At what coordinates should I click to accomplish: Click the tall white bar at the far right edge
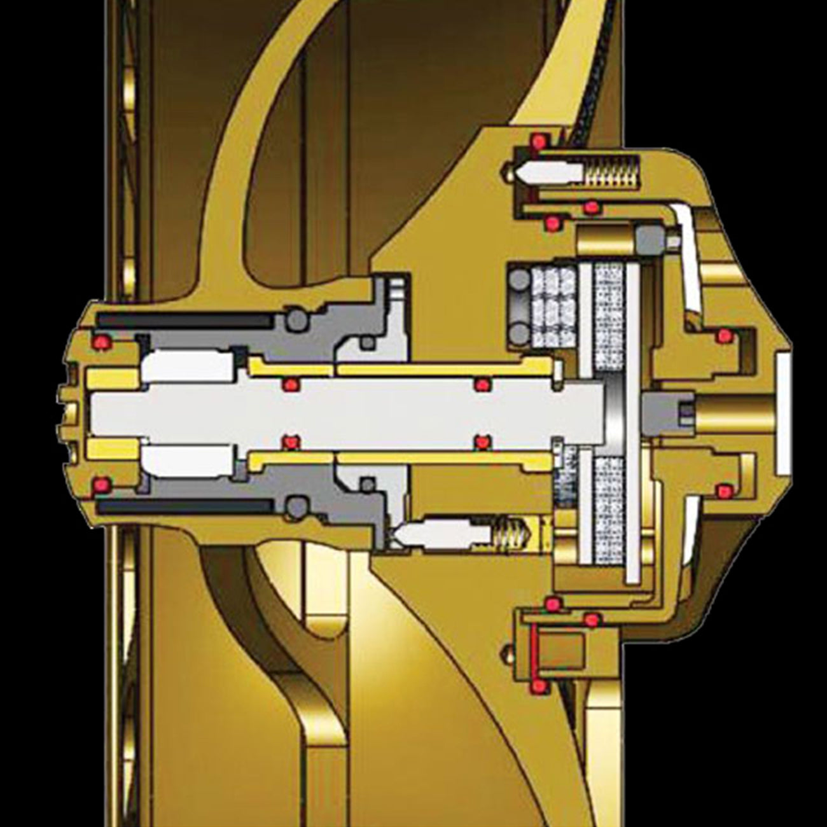[782, 413]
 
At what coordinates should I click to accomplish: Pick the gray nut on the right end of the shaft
[665, 412]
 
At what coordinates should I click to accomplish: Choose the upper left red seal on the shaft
[290, 383]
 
